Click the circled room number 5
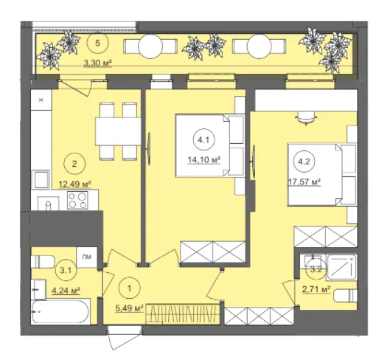(x=98, y=43)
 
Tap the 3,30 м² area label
(x=98, y=63)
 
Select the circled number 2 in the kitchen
(x=74, y=164)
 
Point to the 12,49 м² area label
(x=74, y=184)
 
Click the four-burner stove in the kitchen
(x=77, y=200)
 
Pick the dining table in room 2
(x=118, y=131)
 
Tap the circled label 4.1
(x=204, y=140)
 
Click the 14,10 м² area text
(x=204, y=160)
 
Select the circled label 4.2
(x=304, y=162)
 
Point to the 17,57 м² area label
(x=305, y=182)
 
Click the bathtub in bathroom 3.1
(x=60, y=311)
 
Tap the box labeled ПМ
(x=87, y=257)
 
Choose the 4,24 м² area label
(x=66, y=291)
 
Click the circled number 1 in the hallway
(x=129, y=288)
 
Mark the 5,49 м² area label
(x=129, y=308)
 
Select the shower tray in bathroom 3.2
(x=341, y=268)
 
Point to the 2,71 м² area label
(x=316, y=290)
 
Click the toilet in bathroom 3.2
(x=345, y=295)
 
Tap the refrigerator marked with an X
(x=41, y=100)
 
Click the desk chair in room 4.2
(x=306, y=118)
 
